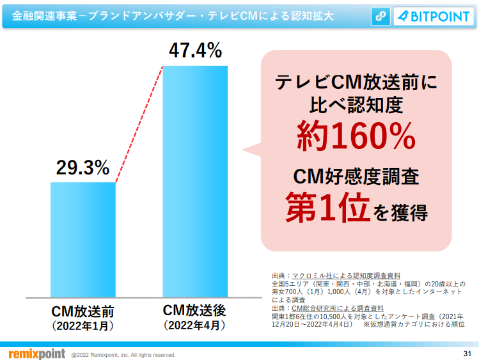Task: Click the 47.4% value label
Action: point(194,50)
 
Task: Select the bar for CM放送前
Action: point(82,240)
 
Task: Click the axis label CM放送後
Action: point(194,311)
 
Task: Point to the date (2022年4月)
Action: point(194,326)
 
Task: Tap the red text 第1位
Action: point(326,209)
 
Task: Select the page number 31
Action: point(466,354)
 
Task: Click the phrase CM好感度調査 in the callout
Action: point(356,175)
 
